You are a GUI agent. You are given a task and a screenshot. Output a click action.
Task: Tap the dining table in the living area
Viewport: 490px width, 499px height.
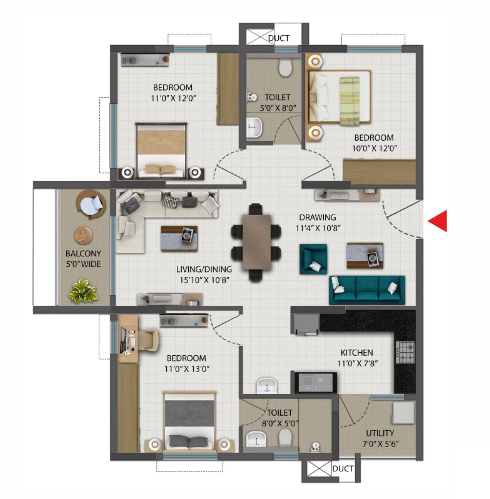click(x=257, y=242)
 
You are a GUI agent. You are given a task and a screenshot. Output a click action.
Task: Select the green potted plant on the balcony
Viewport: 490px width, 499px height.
click(x=83, y=291)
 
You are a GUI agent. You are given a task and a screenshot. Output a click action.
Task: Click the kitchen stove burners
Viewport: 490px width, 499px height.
click(x=405, y=352)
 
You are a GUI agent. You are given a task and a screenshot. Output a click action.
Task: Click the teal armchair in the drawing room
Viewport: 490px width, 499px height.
click(x=313, y=259)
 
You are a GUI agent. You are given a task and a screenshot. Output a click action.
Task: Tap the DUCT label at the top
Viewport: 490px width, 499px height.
click(x=279, y=38)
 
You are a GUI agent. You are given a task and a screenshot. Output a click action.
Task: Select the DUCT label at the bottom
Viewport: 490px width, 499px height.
click(x=343, y=469)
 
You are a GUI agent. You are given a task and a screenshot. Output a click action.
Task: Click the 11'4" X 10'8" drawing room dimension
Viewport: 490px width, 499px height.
click(x=318, y=228)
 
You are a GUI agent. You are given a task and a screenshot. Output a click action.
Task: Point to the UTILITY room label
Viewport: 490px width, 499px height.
click(x=380, y=433)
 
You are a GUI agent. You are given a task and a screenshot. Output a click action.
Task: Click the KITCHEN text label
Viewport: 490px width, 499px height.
click(x=357, y=353)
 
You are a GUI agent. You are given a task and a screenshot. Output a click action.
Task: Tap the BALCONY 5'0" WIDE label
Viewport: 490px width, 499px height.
click(x=83, y=259)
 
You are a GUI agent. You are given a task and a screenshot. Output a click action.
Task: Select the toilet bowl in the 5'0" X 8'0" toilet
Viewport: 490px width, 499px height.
click(x=285, y=67)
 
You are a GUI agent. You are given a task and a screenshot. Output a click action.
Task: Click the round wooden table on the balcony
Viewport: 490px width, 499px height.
click(x=83, y=235)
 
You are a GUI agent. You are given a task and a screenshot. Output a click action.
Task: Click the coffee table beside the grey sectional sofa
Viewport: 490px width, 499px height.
click(x=179, y=238)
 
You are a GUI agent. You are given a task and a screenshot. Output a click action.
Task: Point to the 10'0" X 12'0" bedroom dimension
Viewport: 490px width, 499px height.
click(x=374, y=148)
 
